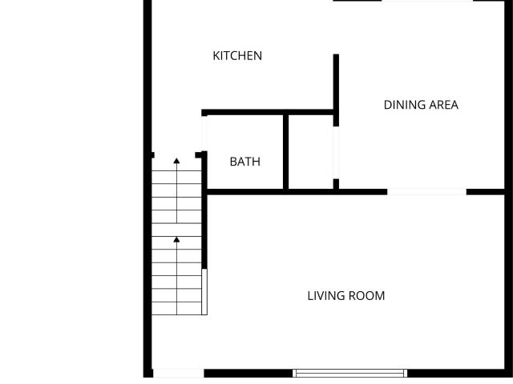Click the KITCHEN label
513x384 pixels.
click(237, 56)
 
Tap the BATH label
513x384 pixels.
click(245, 162)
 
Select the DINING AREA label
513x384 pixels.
click(421, 105)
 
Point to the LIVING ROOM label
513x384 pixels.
click(346, 296)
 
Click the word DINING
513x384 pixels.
click(404, 105)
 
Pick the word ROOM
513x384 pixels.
click(366, 296)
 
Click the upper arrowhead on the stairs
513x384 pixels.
click(176, 161)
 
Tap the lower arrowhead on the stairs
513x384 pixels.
click(176, 239)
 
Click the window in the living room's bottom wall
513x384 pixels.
click(349, 374)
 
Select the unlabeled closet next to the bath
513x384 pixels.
click(311, 152)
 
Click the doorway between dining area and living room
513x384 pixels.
click(426, 192)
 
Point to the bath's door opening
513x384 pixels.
click(204, 134)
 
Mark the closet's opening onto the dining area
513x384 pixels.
click(336, 153)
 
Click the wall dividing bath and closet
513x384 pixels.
click(285, 152)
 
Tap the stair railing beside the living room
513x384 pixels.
click(204, 292)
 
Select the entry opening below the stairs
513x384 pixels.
click(178, 374)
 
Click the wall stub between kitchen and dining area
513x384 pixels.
click(336, 90)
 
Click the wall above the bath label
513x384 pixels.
click(267, 112)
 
